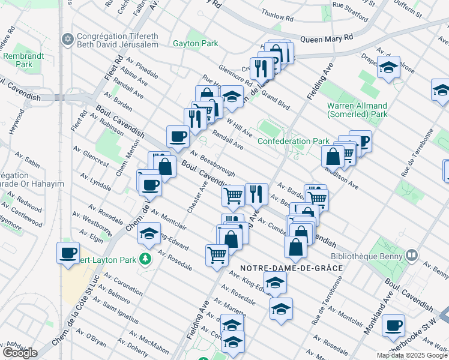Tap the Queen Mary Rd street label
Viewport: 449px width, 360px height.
tap(327, 37)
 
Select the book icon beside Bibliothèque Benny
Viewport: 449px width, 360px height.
tap(411, 254)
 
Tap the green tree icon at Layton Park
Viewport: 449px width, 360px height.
tap(144, 259)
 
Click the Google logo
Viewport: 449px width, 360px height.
tap(20, 353)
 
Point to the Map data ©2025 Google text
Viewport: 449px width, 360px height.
tap(412, 355)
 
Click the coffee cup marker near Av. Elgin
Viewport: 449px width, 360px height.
tap(68, 252)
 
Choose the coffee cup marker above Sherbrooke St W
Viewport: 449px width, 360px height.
tap(393, 325)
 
